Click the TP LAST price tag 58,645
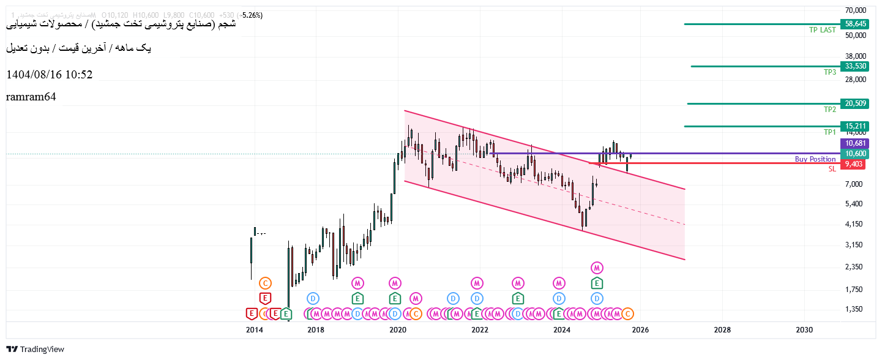coord(856,24)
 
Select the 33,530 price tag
coord(856,66)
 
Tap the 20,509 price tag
coord(856,103)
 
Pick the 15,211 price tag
coord(856,126)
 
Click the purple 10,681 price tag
coord(856,143)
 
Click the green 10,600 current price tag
coord(856,154)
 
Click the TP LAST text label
coord(822,29)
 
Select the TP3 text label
coord(829,72)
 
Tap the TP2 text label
coord(829,110)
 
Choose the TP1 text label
coord(829,132)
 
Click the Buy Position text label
coord(815,159)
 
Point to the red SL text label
coord(832,169)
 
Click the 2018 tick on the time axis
coord(316,330)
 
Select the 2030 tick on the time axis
coord(804,330)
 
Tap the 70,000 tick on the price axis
coord(855,10)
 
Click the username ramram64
coord(31,97)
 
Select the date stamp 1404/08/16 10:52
coord(50,75)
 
